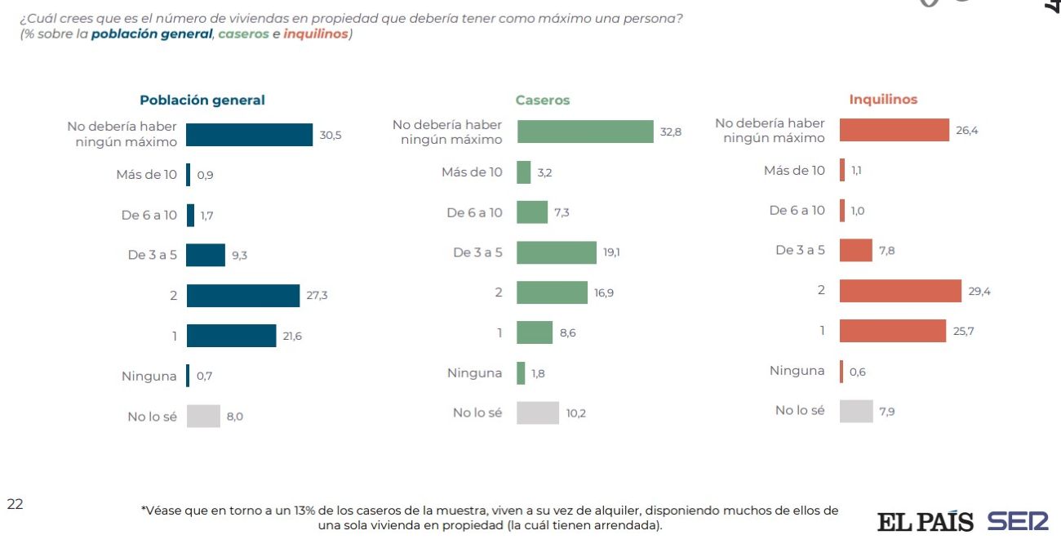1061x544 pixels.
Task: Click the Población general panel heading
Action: tap(202, 100)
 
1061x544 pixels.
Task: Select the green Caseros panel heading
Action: tap(542, 100)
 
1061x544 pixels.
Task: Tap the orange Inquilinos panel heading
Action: tap(883, 100)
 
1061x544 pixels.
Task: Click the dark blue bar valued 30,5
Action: tap(250, 135)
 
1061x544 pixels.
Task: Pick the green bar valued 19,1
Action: tap(557, 252)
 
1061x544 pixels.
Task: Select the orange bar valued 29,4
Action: tap(900, 291)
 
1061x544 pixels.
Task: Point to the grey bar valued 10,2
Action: tap(538, 412)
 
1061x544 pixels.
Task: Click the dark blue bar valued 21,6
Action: tap(232, 336)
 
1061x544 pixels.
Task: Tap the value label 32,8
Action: tap(671, 132)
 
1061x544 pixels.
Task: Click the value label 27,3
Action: tap(317, 296)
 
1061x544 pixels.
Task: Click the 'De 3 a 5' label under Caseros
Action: tap(477, 252)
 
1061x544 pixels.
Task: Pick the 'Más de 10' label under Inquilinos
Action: tap(794, 171)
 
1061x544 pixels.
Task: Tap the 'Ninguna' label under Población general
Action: tap(149, 377)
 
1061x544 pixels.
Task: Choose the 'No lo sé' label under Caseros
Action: tap(477, 412)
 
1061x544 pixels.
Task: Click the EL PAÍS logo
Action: tap(926, 521)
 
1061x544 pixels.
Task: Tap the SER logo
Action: tap(1017, 521)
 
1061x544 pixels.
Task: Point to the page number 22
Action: tap(15, 504)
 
